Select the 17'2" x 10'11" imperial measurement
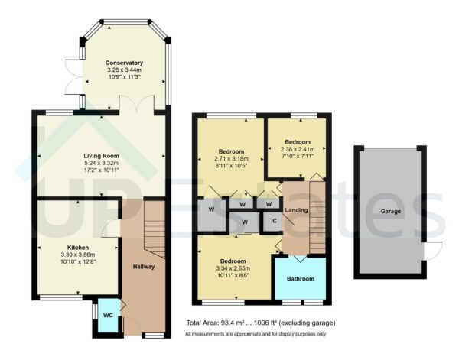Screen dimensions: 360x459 101,171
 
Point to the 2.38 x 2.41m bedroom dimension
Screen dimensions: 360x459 298,150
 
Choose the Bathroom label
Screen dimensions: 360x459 300,279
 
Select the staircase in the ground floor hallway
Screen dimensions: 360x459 157,229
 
